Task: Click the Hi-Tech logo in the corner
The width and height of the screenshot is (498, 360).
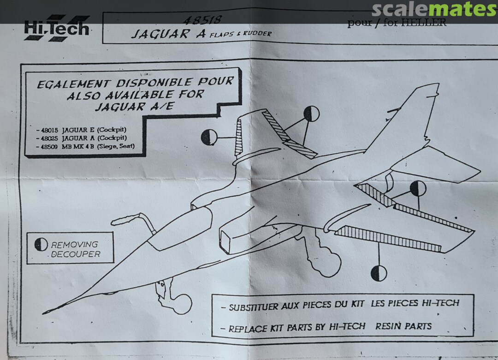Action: (56, 29)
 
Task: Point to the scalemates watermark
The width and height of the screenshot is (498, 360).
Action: (433, 9)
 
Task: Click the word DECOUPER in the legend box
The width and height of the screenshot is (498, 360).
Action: (75, 254)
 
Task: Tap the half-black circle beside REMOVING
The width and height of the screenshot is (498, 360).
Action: (41, 245)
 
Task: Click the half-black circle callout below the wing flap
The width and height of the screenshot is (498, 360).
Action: (379, 273)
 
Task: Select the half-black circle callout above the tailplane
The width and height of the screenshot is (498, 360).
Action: (418, 188)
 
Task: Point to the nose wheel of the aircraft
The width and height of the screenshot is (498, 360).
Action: (182, 304)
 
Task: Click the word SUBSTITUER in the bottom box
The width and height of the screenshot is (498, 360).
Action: (254, 307)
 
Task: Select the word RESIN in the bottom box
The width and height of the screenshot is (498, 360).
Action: (390, 326)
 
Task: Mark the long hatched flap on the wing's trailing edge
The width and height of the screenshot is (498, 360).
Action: (387, 238)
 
